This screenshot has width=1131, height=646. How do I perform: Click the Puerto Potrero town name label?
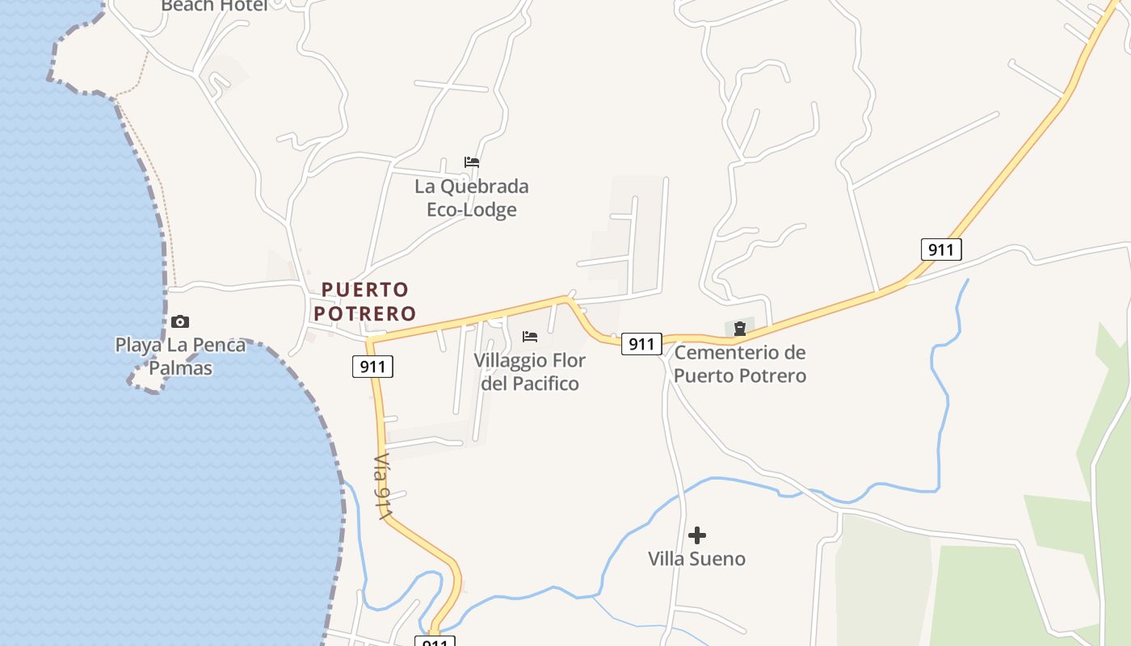365,300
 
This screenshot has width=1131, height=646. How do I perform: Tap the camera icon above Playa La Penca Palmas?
180,321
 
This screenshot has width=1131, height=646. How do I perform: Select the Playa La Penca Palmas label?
180,356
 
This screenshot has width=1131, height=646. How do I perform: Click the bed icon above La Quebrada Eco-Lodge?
472,162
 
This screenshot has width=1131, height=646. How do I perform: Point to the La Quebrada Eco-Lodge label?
472,198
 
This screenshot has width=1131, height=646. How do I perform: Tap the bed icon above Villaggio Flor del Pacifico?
530,336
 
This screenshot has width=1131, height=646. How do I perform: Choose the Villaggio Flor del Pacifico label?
530,371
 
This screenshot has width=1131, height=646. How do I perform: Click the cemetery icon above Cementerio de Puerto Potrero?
740,329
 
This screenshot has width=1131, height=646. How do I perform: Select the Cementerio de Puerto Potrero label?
740,364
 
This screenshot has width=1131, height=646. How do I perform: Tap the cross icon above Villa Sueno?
697,535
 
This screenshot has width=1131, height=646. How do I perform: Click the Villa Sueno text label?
697,559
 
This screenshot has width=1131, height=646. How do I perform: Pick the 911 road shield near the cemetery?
641,344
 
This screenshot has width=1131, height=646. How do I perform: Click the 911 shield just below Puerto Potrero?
372,367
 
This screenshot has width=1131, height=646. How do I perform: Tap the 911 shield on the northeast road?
941,249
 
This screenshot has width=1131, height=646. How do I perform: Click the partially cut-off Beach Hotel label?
214,6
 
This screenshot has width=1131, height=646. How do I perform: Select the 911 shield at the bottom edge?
435,642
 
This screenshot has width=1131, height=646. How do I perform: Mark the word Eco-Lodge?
472,210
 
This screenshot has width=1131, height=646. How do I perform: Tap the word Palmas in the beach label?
182,368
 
